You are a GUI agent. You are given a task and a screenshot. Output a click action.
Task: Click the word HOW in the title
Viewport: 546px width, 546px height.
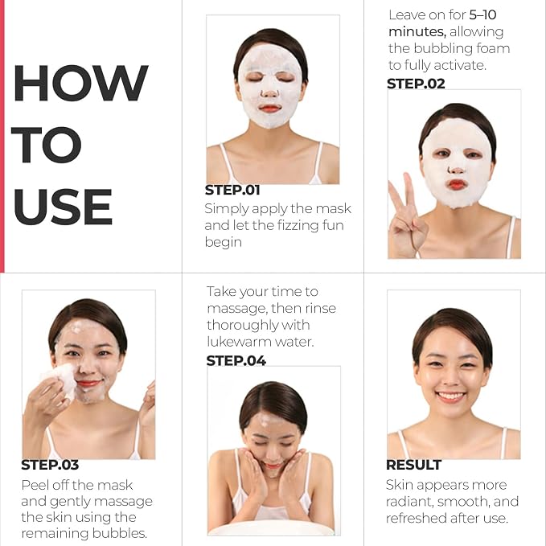point(81,83)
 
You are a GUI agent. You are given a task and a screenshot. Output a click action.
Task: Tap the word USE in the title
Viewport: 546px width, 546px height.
point(63,207)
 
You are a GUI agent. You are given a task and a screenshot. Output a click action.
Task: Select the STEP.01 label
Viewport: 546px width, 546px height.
point(232,190)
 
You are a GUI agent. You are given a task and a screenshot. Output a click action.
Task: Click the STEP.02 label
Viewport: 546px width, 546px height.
point(416,84)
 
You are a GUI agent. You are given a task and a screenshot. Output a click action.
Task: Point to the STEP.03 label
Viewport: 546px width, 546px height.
point(50,465)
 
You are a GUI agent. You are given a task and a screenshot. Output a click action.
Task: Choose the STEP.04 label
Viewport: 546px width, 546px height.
point(236,361)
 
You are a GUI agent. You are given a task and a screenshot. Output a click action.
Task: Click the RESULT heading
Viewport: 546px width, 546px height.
point(413,465)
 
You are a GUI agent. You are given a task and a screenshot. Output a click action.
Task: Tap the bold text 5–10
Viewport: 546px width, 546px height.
point(482,15)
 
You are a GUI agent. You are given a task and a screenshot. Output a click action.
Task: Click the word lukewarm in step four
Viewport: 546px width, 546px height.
point(239,342)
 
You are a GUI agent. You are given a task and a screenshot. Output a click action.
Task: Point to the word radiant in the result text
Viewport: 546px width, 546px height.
point(409,502)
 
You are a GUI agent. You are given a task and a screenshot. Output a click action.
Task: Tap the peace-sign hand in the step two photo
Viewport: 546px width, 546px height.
point(406,216)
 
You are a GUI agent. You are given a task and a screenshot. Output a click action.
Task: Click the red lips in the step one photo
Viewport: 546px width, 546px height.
point(270,109)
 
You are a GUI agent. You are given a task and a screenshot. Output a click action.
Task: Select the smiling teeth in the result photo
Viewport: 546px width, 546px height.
point(451,396)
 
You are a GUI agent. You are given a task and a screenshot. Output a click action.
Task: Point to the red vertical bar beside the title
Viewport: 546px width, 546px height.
point(2,136)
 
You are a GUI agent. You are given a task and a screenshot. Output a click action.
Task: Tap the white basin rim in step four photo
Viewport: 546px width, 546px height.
point(272,528)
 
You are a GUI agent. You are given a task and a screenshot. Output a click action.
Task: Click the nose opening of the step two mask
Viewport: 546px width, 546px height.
point(456,170)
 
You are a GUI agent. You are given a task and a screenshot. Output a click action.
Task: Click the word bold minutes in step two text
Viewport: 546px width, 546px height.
point(417,31)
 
